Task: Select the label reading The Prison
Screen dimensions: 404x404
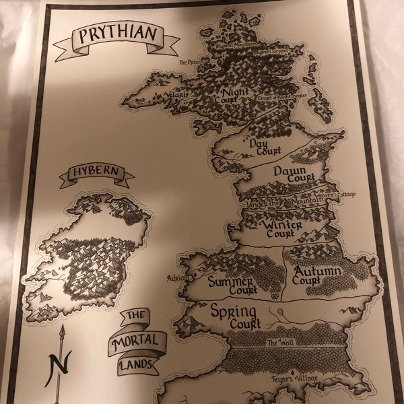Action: pos(191,62)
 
